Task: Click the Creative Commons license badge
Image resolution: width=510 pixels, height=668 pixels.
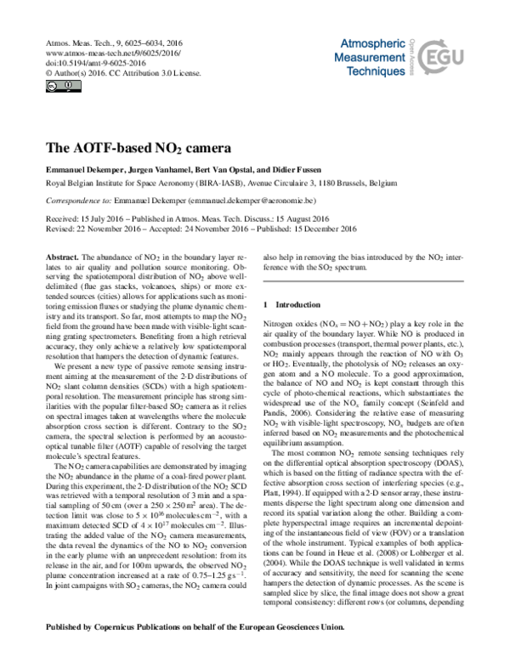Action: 52,86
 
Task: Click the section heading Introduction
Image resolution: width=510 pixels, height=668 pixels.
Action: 297,304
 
